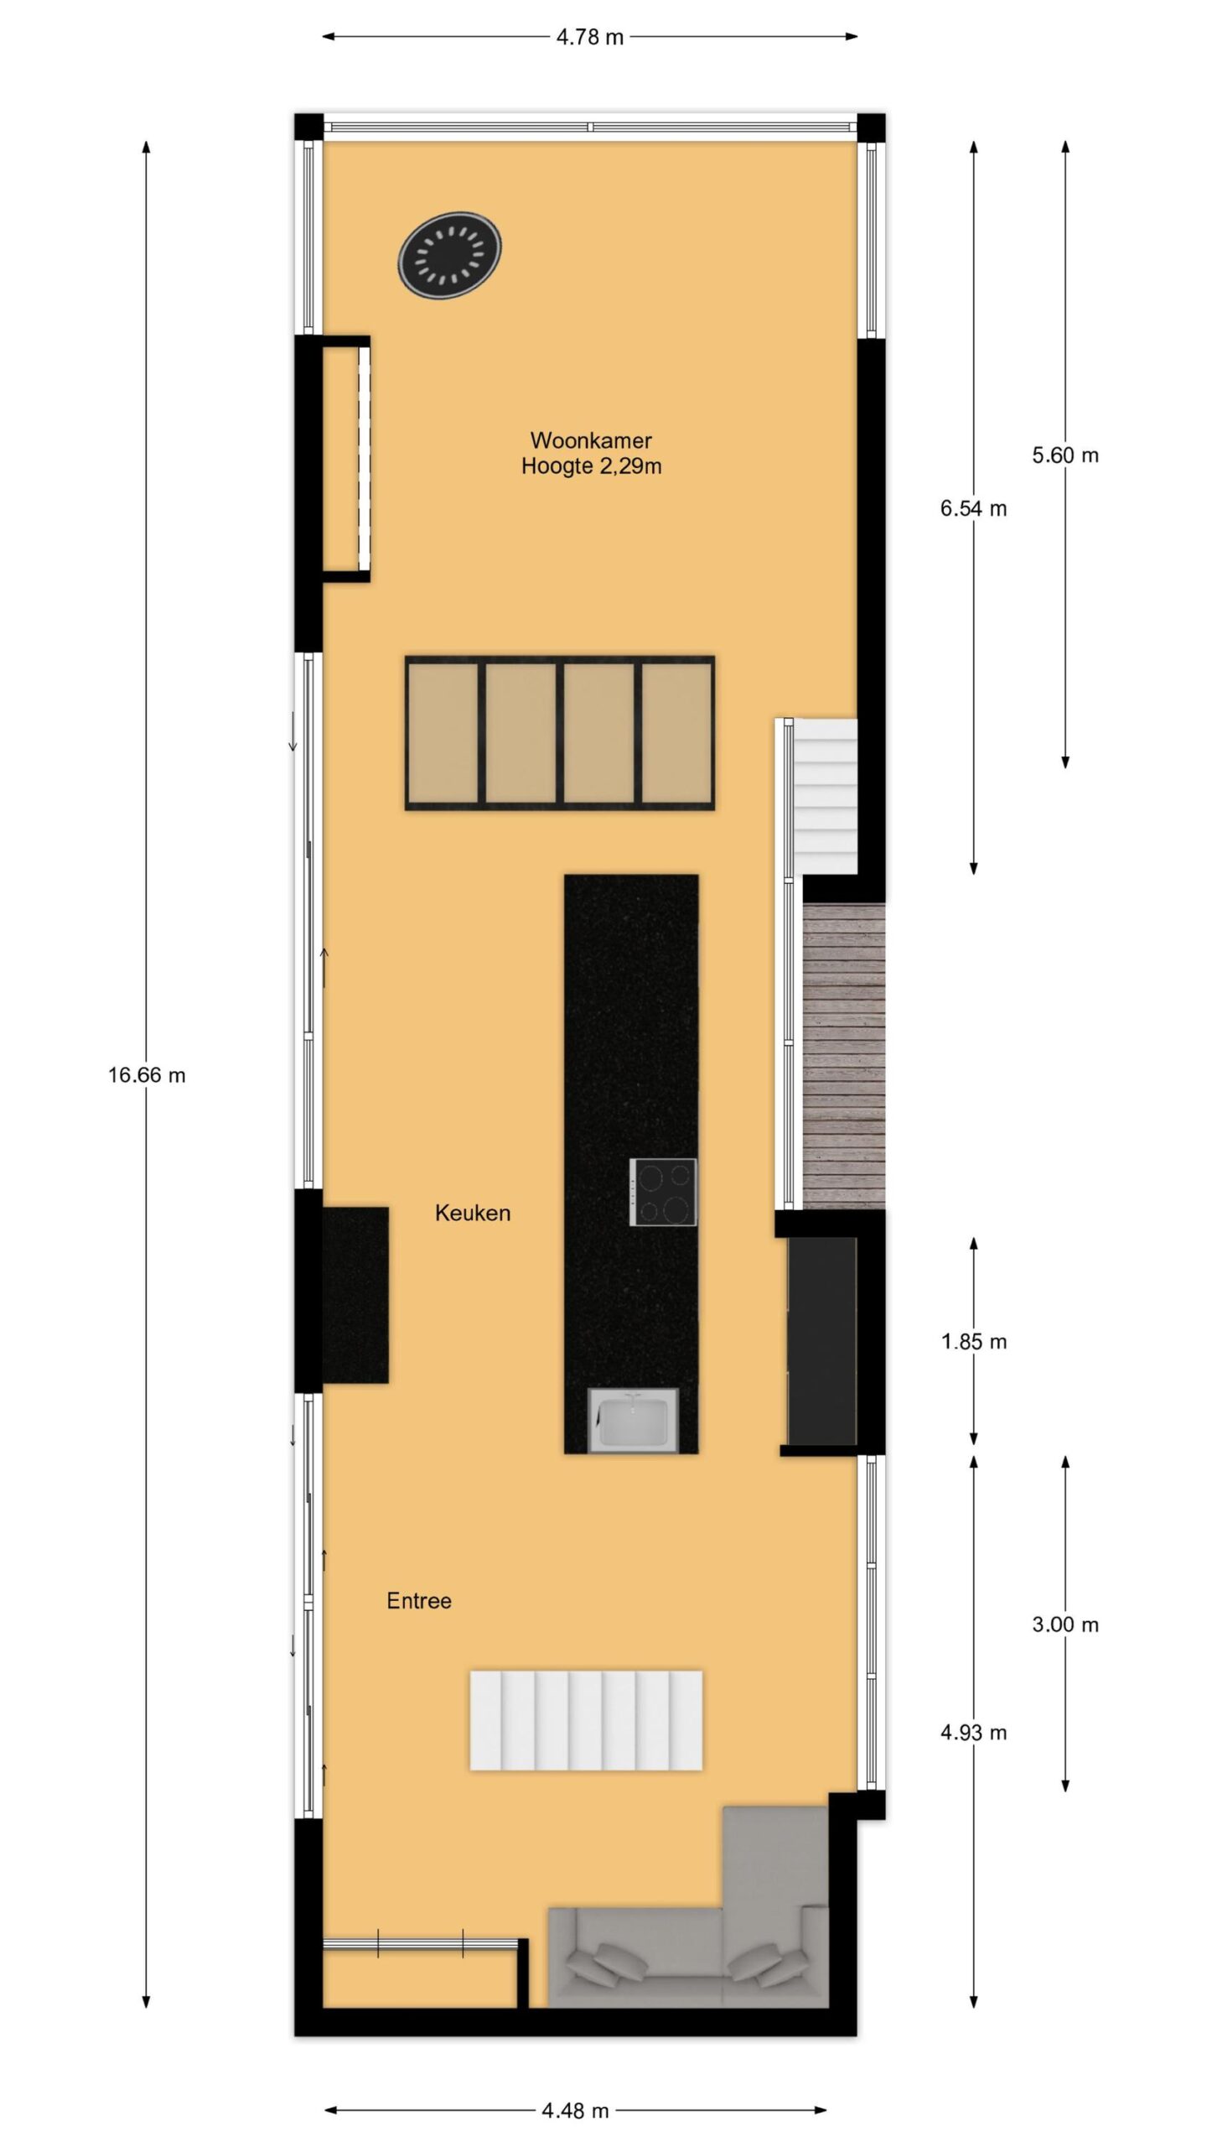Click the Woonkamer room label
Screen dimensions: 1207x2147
tap(591, 440)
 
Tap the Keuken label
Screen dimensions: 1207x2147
tap(473, 1213)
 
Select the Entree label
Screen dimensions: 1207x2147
tap(419, 1601)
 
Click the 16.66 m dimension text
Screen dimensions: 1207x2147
tap(147, 1075)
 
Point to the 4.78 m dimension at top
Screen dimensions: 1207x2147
tap(590, 37)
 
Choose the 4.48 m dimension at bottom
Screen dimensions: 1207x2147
tap(575, 2111)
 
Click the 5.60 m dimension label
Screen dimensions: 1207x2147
tap(1065, 455)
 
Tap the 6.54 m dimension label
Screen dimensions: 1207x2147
tap(973, 508)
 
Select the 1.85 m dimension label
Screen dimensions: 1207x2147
tap(973, 1342)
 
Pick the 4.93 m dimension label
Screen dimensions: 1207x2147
tap(973, 1733)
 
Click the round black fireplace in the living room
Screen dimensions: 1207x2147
tap(450, 253)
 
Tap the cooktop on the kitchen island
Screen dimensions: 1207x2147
tap(663, 1192)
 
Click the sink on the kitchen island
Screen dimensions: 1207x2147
tap(633, 1420)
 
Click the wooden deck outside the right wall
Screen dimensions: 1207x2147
tap(844, 1057)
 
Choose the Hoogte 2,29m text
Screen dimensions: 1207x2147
tap(591, 466)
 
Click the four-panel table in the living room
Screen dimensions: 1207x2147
tap(560, 733)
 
